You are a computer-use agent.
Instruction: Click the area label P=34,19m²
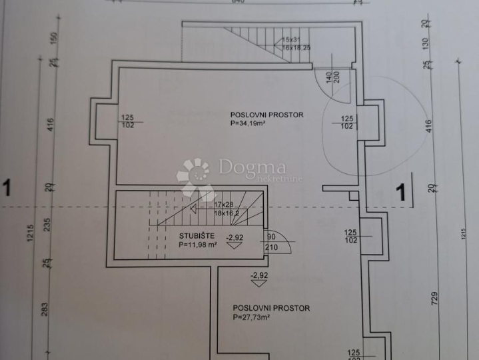pos(250,123)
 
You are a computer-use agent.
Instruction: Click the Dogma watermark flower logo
pos(194,176)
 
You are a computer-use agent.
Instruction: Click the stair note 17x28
pos(225,204)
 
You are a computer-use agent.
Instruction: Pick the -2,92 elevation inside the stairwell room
pos(235,237)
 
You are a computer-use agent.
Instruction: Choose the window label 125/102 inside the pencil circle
pos(347,122)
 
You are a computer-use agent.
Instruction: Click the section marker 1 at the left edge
pos(7,188)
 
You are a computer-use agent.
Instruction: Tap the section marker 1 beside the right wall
pos(400,192)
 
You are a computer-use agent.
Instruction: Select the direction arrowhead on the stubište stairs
pos(192,209)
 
